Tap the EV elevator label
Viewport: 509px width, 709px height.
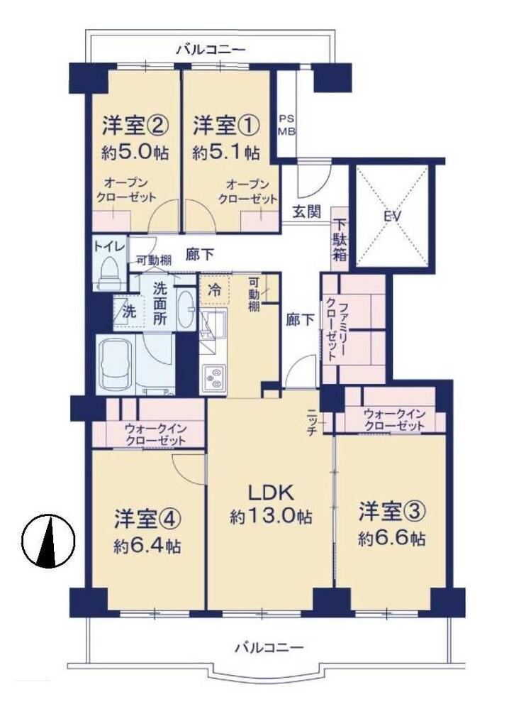(x=393, y=216)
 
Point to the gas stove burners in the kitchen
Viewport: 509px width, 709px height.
(x=213, y=378)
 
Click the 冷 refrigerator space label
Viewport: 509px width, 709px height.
(x=215, y=290)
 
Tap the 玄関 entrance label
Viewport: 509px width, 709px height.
(x=306, y=211)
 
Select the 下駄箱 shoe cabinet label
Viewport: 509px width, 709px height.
(x=340, y=240)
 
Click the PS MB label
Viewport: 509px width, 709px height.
(x=286, y=125)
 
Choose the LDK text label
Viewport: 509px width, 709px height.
(x=271, y=493)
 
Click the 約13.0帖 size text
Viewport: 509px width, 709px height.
(x=271, y=516)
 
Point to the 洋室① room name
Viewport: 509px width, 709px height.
(x=226, y=125)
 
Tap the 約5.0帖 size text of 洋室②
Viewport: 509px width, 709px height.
(x=135, y=153)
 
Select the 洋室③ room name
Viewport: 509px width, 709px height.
(x=392, y=512)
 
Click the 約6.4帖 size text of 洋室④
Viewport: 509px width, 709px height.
(x=147, y=546)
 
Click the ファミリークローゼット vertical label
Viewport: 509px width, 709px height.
(x=332, y=326)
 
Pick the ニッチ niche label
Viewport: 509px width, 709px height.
(x=313, y=422)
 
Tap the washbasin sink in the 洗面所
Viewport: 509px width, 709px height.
(x=186, y=309)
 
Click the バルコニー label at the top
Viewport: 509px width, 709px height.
(x=211, y=48)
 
